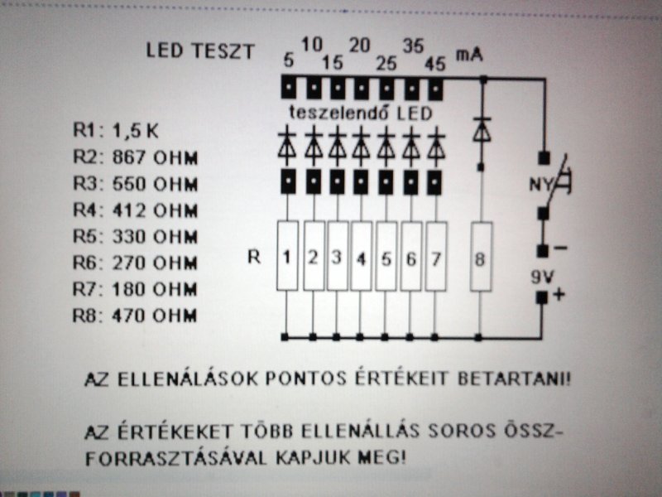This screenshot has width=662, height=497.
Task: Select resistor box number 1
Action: click(x=286, y=257)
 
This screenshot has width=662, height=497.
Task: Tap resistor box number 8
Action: click(x=481, y=257)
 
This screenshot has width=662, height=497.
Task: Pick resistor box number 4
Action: click(x=361, y=257)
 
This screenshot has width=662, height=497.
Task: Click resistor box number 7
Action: click(x=436, y=257)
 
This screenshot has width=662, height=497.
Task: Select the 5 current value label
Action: click(x=289, y=61)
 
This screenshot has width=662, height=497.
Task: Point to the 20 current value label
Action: click(x=360, y=46)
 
